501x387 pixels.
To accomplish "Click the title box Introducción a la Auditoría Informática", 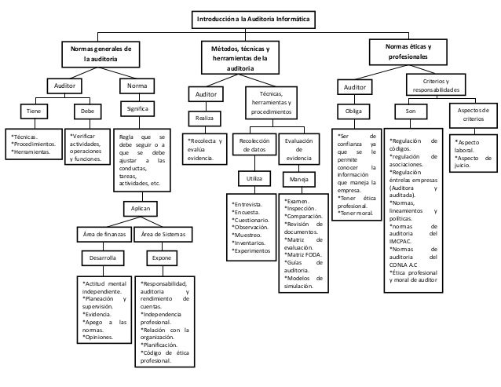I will click(251, 17).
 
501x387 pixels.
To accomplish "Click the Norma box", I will click(136, 84).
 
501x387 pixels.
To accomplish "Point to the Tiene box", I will click(32, 111).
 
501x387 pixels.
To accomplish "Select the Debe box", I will click(87, 111).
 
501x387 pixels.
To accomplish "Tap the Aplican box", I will click(141, 207).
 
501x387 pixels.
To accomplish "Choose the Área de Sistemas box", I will click(163, 234).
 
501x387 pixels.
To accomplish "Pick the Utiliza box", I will click(254, 179).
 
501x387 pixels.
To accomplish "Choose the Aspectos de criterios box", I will click(472, 115).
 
